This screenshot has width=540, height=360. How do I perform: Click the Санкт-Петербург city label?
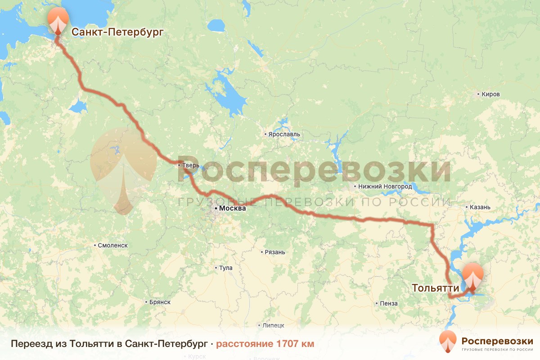[x=117, y=31]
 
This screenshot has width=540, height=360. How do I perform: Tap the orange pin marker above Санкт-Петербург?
[x=58, y=20]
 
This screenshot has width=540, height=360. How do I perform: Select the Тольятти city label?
[x=435, y=288]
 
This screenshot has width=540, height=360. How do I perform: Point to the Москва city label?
[x=233, y=209]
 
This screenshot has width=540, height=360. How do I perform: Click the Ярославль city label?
[x=284, y=135]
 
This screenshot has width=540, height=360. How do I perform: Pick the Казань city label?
[x=482, y=207]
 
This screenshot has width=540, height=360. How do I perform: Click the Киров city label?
[x=490, y=94]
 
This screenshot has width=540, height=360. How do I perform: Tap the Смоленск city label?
[x=113, y=245]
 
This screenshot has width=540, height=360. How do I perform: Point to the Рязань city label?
[x=275, y=252]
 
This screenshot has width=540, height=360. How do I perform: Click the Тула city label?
[x=225, y=268]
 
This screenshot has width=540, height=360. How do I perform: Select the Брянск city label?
[x=160, y=302]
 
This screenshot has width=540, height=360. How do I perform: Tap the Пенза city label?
[x=389, y=303]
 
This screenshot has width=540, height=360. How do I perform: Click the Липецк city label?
[x=274, y=325]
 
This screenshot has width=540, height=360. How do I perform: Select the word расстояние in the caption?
[x=243, y=344]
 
